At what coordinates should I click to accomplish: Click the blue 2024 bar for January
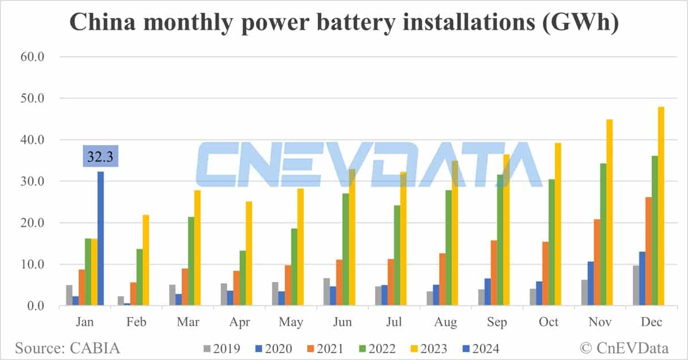101,238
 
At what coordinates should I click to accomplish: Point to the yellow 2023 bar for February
145,260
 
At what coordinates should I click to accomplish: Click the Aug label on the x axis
445,322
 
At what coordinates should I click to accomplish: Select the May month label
291,322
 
